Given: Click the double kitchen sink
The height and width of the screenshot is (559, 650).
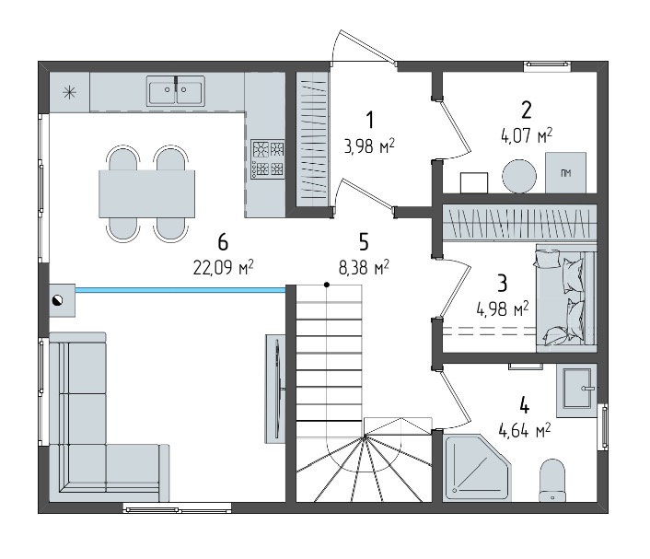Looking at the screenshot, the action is tap(176, 91).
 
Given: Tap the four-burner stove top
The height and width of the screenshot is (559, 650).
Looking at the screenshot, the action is tap(268, 159).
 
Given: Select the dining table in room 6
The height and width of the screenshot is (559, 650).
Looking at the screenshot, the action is tap(146, 193).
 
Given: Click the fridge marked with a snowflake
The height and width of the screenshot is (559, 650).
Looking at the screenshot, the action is tap(69, 92).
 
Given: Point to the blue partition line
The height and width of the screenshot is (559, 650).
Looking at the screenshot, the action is tap(180, 291).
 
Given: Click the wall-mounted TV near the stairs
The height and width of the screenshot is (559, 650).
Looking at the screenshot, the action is tap(275, 389).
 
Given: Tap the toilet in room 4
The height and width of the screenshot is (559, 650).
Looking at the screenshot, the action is tap(552, 480).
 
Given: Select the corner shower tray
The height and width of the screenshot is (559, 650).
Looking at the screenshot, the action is tap(477, 468).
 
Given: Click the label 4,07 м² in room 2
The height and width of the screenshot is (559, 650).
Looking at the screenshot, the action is tap(527, 135).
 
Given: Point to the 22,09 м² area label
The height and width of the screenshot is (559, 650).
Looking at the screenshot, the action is tap(223, 267).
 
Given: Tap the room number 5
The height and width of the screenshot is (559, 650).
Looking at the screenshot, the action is tap(364, 242).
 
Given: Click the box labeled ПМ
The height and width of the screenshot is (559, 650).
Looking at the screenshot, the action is tap(565, 172).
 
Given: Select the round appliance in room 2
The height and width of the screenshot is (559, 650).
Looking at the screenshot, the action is tap(519, 176).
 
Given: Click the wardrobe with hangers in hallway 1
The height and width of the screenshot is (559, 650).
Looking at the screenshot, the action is tap(312, 139).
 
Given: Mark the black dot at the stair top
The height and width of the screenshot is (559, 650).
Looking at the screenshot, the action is tap(327, 285).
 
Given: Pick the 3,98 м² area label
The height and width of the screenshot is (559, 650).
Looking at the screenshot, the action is tap(369, 146).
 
